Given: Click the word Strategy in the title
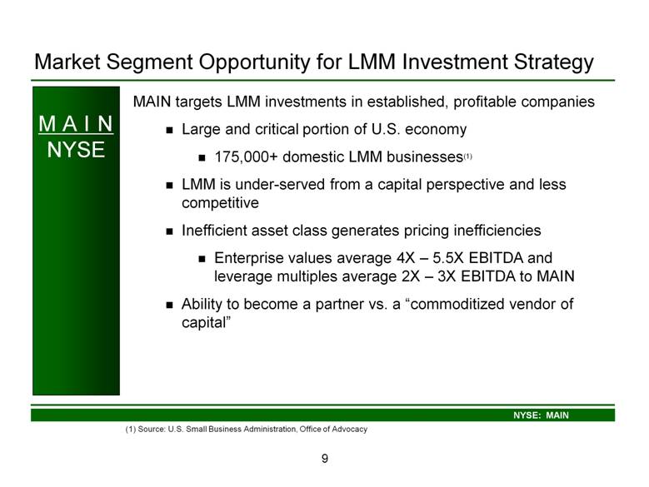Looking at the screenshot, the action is (553, 62).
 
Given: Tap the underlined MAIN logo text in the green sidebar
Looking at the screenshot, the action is (76, 124).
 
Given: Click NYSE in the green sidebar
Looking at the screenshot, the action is (76, 150).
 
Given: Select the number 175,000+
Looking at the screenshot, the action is (246, 157).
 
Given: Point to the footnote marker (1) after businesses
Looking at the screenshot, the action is (467, 157).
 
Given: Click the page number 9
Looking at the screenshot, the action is (325, 459).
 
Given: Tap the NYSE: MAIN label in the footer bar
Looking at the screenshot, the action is (541, 415).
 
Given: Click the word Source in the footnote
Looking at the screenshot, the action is (152, 429).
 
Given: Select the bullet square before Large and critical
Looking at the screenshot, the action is (169, 130).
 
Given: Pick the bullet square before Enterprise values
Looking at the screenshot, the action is (202, 259).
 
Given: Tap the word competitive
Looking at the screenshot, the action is (220, 203).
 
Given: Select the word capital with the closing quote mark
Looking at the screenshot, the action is (206, 322).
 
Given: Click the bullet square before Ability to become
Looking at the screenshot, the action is (169, 305).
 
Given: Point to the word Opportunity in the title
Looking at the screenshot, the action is (254, 62).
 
